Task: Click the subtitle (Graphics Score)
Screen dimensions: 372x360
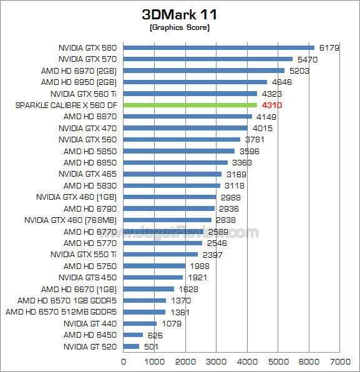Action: pyautogui.click(x=180, y=28)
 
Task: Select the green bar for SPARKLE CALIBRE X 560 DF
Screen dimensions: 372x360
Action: pyautogui.click(x=190, y=105)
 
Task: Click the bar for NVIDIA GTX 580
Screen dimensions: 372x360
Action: pyautogui.click(x=219, y=47)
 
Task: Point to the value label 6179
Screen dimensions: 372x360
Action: pyautogui.click(x=328, y=47)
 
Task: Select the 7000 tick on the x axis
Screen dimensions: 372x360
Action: pyautogui.click(x=339, y=361)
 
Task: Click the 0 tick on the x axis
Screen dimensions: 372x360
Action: pyautogui.click(x=124, y=361)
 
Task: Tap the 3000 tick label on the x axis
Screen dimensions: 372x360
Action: pyautogui.click(x=216, y=361)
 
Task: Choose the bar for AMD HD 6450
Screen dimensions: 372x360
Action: pyautogui.click(x=133, y=335)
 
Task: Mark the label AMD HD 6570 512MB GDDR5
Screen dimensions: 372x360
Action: pyautogui.click(x=62, y=312)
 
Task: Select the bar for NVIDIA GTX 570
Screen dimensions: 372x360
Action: pyautogui.click(x=208, y=59)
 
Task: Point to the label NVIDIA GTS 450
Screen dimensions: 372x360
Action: pyautogui.click(x=88, y=277)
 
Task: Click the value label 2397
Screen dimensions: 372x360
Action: pyautogui.click(x=211, y=255)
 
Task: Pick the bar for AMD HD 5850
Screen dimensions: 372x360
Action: pyautogui.click(x=179, y=151)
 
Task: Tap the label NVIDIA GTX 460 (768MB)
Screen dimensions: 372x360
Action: pyautogui.click(x=71, y=220)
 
